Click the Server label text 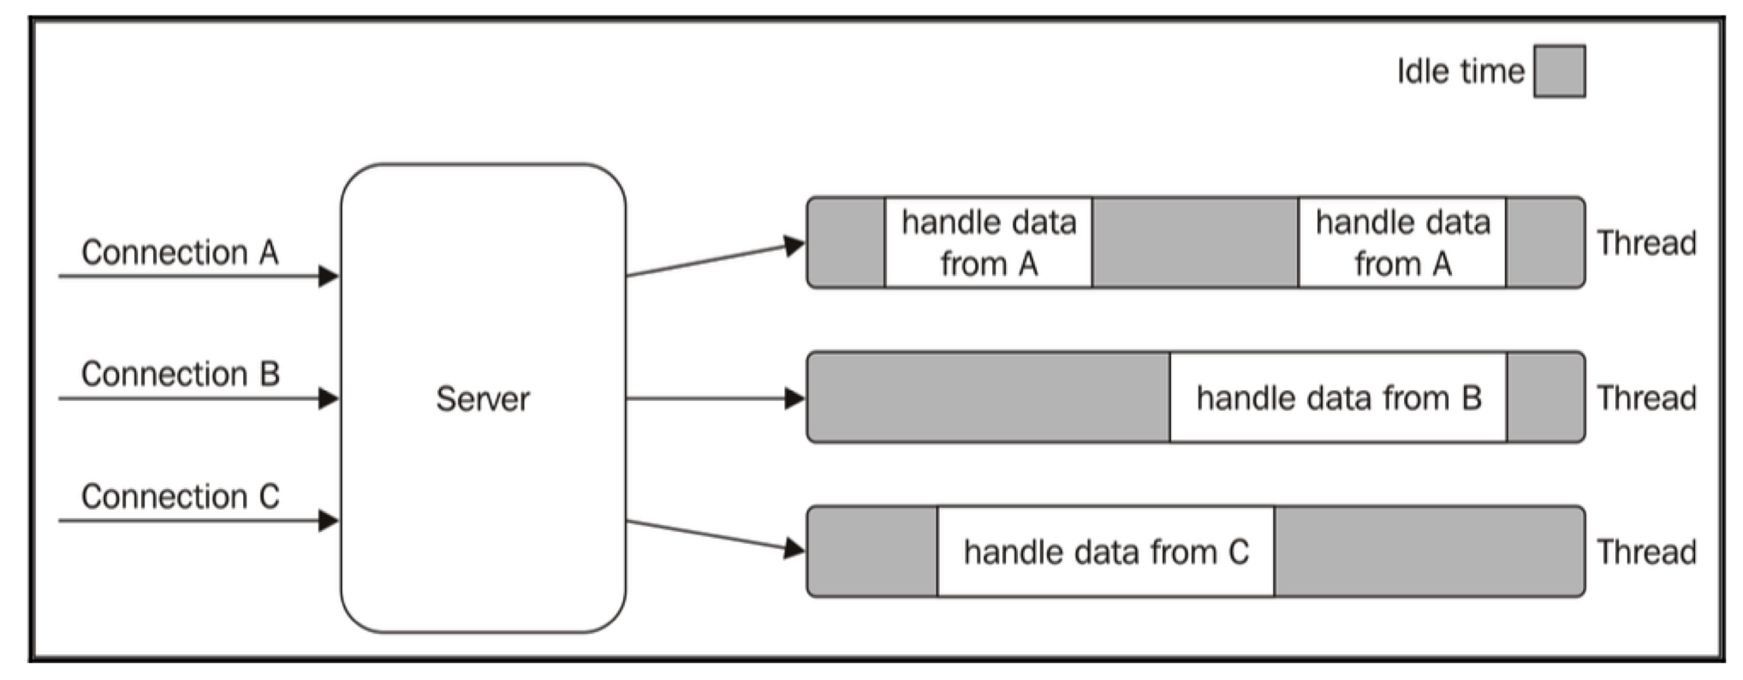(x=483, y=399)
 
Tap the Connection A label (x=180, y=253)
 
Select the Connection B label (x=180, y=374)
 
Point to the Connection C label (x=180, y=497)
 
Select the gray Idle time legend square (x=1559, y=71)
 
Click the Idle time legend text (x=1460, y=71)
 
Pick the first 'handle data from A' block (x=988, y=243)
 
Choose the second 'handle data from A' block (x=1402, y=243)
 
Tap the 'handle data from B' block (x=1338, y=398)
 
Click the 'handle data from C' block (x=1105, y=552)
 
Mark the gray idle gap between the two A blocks (x=1195, y=243)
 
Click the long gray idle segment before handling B (x=989, y=398)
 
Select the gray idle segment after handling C (x=1428, y=552)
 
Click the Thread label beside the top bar (x=1646, y=244)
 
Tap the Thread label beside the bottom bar (x=1646, y=552)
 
